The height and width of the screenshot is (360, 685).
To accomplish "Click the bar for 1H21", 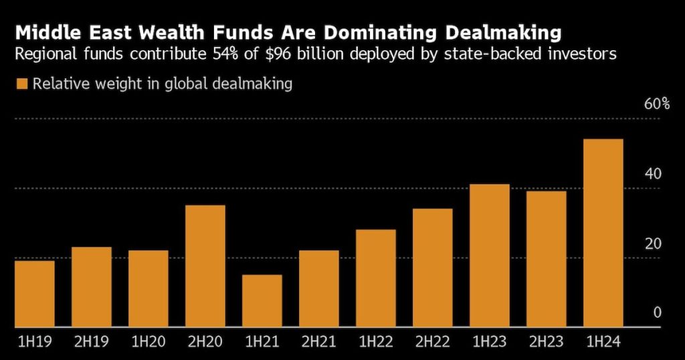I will point(262,300).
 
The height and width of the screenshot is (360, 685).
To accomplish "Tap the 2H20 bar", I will point(205,266).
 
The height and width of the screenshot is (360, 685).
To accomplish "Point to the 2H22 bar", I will point(432,268).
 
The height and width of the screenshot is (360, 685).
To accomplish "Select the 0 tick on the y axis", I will point(657,312).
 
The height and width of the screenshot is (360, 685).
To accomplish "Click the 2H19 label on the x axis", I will point(91,343).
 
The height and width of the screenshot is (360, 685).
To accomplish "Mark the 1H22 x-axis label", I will point(375,343).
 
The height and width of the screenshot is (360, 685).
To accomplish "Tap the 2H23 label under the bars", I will point(546,343).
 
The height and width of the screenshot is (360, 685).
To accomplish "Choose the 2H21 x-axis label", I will point(318,343).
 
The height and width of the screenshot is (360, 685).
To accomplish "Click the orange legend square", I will point(21,84).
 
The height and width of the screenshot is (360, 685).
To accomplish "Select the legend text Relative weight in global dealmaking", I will point(163,84).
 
